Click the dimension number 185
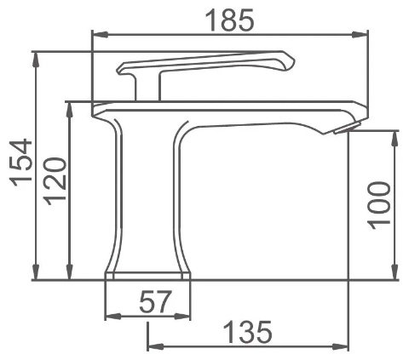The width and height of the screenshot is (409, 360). coord(229,20)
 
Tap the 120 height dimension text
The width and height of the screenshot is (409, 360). coord(55,181)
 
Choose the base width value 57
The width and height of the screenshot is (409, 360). coord(156,301)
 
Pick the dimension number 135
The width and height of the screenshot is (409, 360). coord(247,332)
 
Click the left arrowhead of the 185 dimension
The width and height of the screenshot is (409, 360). coord(101,35)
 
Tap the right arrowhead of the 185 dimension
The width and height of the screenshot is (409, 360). coord(360,35)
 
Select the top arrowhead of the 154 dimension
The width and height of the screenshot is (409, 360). coord(35,60)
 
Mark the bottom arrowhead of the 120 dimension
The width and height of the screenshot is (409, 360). coord(69,271)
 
